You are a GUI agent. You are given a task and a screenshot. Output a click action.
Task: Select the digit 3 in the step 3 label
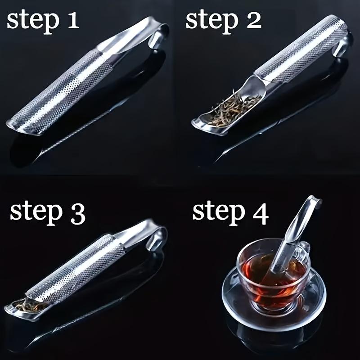point(77,214)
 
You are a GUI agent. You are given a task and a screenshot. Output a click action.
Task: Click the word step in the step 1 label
point(33,22)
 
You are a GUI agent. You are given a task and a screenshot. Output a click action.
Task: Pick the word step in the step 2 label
point(212,22)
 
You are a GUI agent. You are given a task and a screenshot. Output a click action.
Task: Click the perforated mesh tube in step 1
point(62,92)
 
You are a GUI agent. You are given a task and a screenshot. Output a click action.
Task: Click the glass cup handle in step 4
point(306,249)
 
